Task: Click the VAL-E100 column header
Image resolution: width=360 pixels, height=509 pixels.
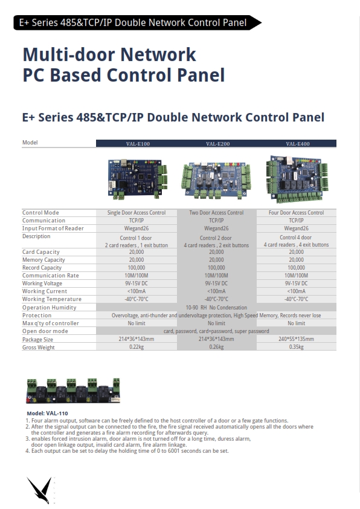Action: pos(138,144)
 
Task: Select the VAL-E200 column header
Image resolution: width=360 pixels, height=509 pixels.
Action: pos(217,144)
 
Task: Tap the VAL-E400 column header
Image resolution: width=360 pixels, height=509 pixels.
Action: pos(298,144)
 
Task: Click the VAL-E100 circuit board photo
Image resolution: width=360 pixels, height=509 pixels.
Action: pos(138,178)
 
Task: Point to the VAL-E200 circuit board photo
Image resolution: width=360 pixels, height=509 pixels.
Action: pos(216,180)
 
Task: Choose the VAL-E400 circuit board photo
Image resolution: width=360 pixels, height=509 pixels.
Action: pos(297,179)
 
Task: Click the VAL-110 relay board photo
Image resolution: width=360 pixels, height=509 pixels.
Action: pos(73,391)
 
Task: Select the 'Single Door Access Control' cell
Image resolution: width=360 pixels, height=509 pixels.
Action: pos(137,213)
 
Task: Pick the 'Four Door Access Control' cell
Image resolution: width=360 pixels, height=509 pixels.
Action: pos(296,213)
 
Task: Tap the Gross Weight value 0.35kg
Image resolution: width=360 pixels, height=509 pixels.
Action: pos(296,347)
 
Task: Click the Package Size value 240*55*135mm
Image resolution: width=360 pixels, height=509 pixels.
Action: pos(296,339)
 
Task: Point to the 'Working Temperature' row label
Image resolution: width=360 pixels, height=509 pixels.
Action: pos(52,299)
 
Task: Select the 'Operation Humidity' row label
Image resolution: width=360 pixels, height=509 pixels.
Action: pos(50,308)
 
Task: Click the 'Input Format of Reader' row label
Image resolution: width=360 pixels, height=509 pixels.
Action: pos(53,229)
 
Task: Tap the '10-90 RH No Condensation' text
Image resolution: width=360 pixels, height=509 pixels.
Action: pos(216,308)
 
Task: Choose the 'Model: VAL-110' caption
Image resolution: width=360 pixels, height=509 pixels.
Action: pos(47,413)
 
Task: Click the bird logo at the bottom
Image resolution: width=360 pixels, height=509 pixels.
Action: pos(40,490)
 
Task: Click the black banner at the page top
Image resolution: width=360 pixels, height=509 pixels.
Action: pos(137,23)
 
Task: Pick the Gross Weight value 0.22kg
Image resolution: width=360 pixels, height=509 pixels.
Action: pos(137,347)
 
